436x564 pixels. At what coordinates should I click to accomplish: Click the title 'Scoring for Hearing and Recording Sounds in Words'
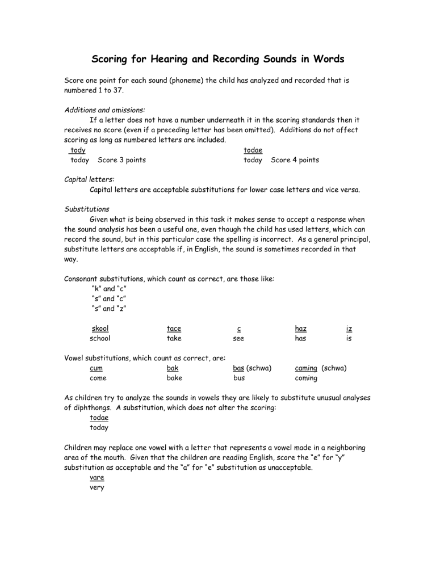click(218, 59)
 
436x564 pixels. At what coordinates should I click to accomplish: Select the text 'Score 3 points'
click(121, 160)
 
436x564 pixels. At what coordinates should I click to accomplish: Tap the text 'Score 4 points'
click(295, 160)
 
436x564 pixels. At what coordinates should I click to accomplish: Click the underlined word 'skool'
click(100, 329)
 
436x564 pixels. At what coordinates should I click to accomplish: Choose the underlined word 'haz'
click(301, 329)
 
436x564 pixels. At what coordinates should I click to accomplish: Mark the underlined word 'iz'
click(350, 329)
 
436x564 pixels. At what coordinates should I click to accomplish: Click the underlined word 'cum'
click(98, 368)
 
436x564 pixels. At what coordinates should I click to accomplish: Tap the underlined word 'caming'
click(307, 368)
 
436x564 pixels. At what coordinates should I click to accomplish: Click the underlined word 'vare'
click(98, 477)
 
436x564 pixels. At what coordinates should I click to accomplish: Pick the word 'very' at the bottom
click(98, 487)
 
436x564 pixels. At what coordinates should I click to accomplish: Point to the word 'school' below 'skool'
click(100, 338)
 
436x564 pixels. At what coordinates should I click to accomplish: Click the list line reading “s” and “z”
click(108, 309)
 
